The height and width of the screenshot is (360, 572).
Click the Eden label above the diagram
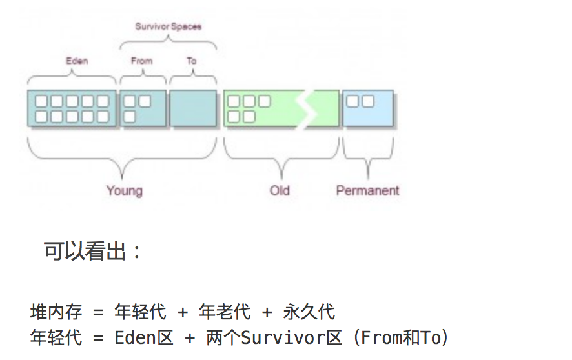(x=77, y=61)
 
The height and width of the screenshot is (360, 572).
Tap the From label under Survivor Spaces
(x=141, y=61)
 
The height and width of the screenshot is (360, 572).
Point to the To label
(x=192, y=61)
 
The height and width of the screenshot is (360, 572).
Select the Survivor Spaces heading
(x=168, y=26)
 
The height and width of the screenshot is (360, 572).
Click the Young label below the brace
(x=124, y=190)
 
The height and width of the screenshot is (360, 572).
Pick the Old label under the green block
(x=280, y=190)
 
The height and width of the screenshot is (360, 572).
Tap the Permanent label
(x=367, y=190)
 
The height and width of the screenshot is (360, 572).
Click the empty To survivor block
(x=192, y=108)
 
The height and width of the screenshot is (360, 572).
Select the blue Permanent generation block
(x=367, y=108)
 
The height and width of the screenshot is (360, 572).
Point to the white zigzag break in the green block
(x=309, y=108)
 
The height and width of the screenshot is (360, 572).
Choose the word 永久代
(x=309, y=313)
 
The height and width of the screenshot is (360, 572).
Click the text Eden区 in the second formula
(x=144, y=337)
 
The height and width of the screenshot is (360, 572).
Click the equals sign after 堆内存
(x=98, y=313)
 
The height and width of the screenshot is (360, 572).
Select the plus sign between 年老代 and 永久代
(x=267, y=313)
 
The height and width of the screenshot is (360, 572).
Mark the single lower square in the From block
(x=129, y=116)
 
